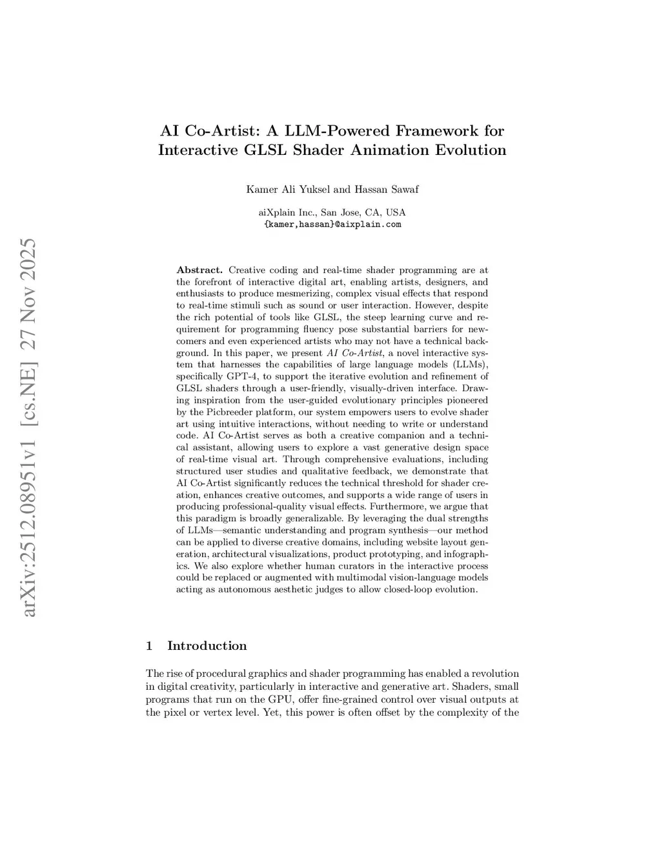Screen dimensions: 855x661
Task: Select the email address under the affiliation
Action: pyautogui.click(x=332, y=225)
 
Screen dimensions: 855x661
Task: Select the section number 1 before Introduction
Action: pyautogui.click(x=150, y=646)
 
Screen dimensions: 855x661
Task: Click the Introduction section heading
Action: pyautogui.click(x=207, y=646)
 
